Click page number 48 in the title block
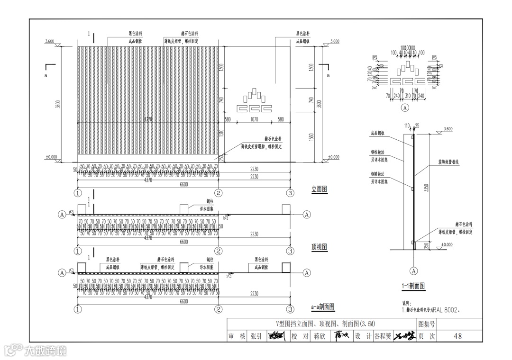click(457, 336)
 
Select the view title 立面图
click(320, 189)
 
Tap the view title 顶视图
click(320, 247)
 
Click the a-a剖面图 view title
click(323, 307)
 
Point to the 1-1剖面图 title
click(412, 286)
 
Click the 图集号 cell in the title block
click(426, 324)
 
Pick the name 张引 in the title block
click(256, 336)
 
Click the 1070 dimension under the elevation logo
click(254, 120)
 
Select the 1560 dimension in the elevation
click(311, 137)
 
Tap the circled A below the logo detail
click(405, 108)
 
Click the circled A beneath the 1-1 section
click(414, 271)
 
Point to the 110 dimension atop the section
click(407, 126)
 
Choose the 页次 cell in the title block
click(426, 336)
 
